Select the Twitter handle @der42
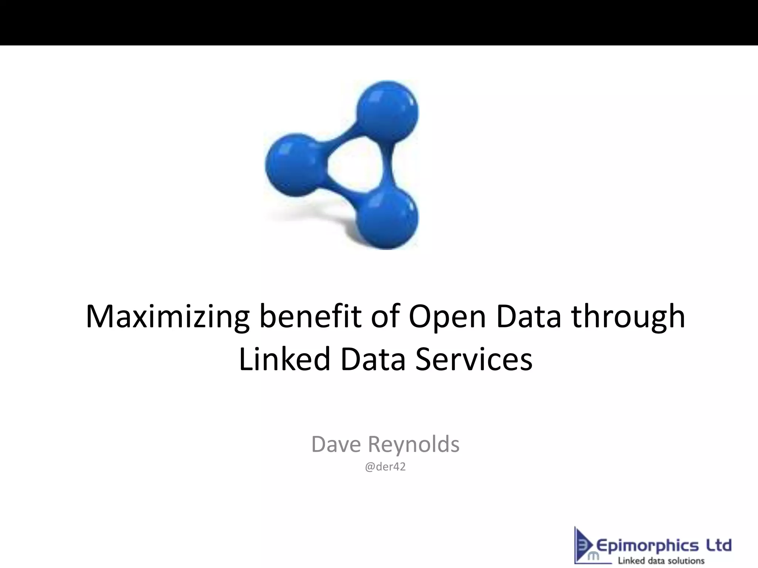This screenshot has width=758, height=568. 385,467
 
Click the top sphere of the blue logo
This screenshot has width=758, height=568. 387,110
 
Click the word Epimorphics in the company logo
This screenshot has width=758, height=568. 648,545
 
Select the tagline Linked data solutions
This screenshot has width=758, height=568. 661,561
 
